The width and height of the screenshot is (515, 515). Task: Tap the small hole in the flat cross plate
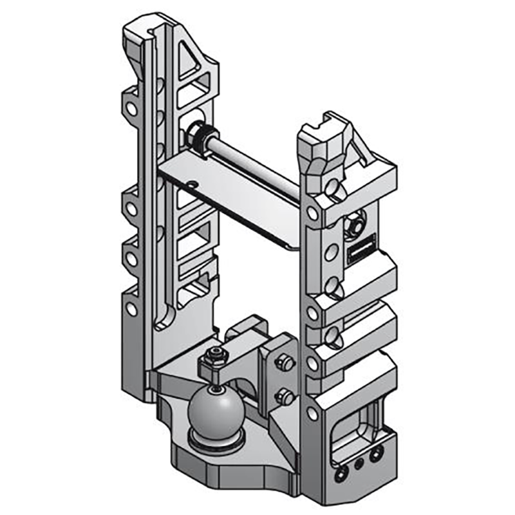pos(192,183)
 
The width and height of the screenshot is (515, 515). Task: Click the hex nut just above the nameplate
pos(354,225)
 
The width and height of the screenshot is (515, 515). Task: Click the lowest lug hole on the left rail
pos(131,309)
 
